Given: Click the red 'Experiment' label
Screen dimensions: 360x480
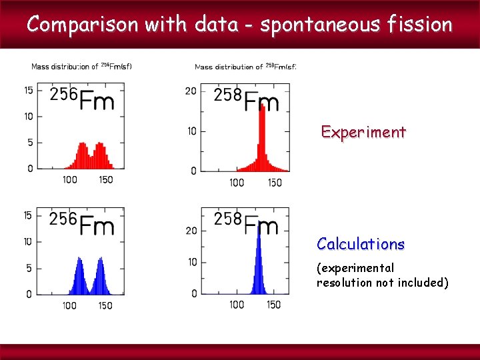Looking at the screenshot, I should click(x=363, y=132).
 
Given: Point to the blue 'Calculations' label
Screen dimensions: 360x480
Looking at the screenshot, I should click(x=361, y=244).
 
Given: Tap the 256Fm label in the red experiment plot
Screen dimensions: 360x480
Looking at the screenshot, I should click(x=82, y=99).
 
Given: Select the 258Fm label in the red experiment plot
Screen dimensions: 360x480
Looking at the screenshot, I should click(x=246, y=99).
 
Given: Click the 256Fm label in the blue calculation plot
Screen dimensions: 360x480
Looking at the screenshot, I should click(x=82, y=223).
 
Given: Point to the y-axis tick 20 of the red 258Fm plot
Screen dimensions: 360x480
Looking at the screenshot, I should click(x=191, y=90).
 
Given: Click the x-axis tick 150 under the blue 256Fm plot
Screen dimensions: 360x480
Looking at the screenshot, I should click(x=105, y=305).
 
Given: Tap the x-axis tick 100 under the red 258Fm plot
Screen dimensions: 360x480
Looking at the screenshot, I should click(x=237, y=183).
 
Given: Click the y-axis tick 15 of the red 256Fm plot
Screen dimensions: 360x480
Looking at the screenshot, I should click(x=29, y=90).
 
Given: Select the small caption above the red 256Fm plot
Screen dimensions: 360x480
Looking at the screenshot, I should click(x=81, y=66).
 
